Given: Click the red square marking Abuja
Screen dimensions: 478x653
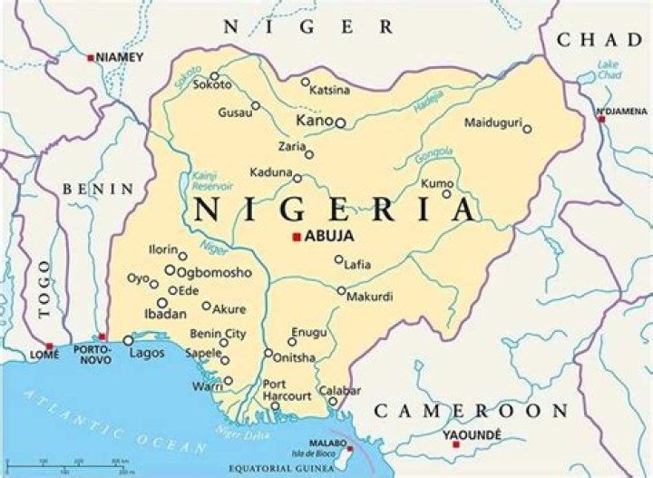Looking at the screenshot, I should (296, 238).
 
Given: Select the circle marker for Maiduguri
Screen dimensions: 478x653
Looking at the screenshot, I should (527, 129).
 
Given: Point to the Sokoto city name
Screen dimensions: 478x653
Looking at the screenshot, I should (212, 85).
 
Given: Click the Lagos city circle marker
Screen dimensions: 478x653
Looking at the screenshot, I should (128, 341).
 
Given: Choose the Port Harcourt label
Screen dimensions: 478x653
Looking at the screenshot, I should (287, 390).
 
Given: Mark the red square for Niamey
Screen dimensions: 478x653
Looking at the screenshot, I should (91, 57).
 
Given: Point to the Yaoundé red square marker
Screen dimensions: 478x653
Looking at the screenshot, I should (455, 444).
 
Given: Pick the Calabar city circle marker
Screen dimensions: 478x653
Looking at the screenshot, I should (333, 402).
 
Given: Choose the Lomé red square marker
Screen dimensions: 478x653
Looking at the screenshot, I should (49, 346).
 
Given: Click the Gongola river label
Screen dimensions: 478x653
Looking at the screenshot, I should (433, 155).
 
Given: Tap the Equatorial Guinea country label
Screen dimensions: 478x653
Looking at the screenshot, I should (289, 469).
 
